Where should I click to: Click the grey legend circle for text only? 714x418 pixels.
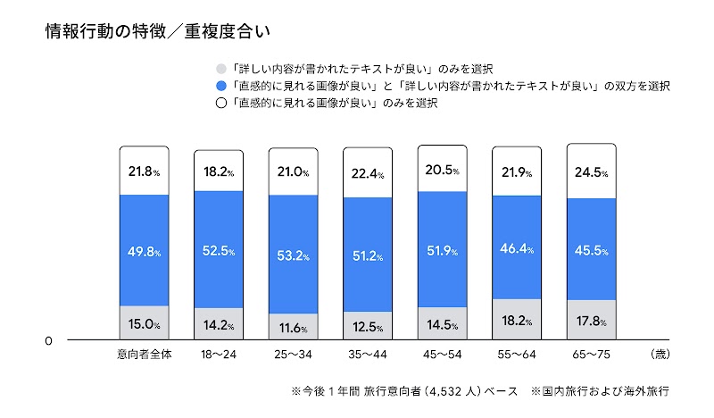pos(221,68)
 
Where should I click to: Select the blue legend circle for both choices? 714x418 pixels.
pos(221,86)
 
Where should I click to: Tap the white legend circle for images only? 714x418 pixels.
pos(221,104)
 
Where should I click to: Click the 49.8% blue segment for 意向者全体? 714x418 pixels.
pos(144,251)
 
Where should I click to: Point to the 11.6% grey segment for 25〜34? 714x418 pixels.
pos(294,328)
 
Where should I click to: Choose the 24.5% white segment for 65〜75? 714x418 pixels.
pos(592,172)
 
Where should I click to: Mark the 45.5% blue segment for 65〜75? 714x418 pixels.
pos(592,249)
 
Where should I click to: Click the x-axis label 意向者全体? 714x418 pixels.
pos(144,355)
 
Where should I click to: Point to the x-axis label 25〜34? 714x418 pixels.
pos(294,355)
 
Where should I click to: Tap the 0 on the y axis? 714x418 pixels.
pos(49,340)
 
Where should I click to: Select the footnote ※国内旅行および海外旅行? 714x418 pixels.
pos(600,391)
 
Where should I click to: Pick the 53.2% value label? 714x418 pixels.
pos(294,256)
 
